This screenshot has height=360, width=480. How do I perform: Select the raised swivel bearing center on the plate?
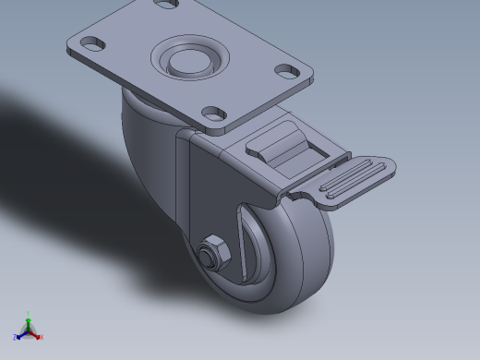189,61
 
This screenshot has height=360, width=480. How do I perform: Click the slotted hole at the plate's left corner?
91,42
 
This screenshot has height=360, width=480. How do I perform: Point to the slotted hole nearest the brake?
215,113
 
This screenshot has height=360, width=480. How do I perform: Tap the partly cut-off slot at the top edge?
166,4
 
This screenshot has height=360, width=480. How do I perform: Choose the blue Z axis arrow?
21,334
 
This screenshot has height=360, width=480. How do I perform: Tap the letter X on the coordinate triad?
42,337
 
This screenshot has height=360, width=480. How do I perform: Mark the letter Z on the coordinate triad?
15,338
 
